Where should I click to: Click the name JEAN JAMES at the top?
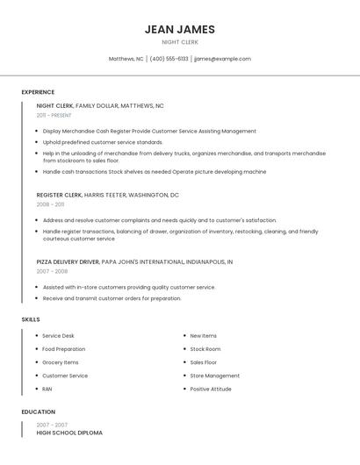coord(180,29)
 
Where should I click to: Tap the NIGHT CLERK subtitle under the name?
coord(180,42)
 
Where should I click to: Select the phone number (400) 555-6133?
coord(169,59)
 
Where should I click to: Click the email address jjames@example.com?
coord(222,59)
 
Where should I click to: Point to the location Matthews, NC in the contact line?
coord(126,59)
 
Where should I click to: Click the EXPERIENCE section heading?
coord(38,92)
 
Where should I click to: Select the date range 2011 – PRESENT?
coord(54,115)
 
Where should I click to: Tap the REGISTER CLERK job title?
coord(59,195)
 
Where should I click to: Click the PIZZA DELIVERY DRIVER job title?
coord(68,261)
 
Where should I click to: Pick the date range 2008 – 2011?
coord(50,204)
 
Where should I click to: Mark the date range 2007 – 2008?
coord(52,271)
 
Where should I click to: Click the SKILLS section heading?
coord(31,319)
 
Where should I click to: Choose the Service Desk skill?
coord(58,336)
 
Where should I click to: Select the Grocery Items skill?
coord(60,362)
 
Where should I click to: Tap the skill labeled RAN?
coord(47,389)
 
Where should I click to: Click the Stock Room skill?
coord(205,349)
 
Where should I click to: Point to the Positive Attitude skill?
coord(211,389)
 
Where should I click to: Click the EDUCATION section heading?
coord(39,411)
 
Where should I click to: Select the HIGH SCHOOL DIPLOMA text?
coord(69,433)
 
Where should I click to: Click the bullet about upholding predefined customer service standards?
coord(103,142)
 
